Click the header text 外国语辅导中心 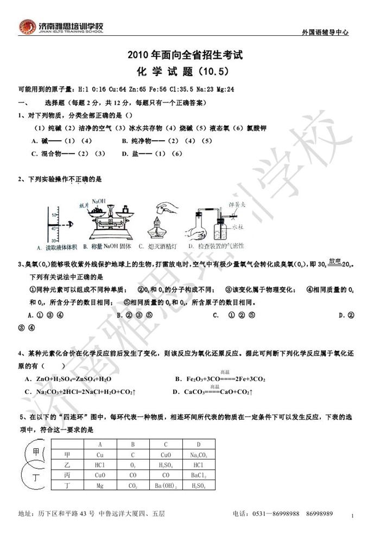325,33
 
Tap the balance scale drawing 111,219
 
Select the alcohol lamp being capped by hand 163,219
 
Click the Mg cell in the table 99,486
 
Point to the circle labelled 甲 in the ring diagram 35,453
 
